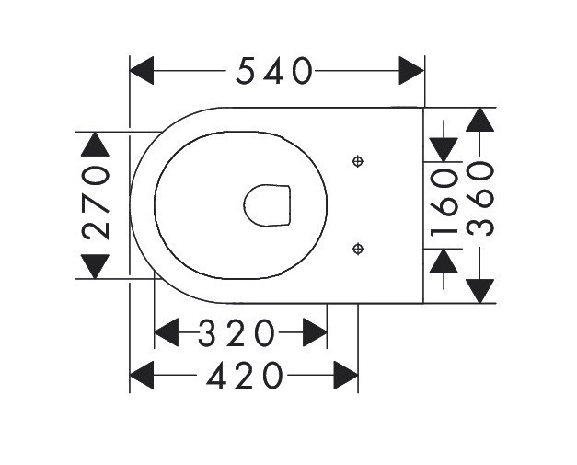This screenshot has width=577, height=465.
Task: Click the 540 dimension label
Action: click(x=275, y=70)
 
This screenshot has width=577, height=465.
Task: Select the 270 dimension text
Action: click(x=96, y=203)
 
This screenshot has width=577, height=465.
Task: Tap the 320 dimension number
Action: click(x=237, y=332)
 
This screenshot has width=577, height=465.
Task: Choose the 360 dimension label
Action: click(x=479, y=198)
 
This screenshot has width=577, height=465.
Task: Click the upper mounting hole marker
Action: click(x=358, y=162)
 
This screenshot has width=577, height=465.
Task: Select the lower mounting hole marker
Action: click(x=358, y=248)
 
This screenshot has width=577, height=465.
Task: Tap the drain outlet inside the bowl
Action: click(x=267, y=204)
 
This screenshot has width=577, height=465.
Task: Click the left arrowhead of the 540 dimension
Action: click(x=142, y=70)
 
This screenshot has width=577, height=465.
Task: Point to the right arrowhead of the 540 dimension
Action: click(x=411, y=70)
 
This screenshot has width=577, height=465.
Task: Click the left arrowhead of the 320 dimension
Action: click(x=166, y=332)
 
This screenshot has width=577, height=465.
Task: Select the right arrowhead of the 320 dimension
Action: click(x=315, y=332)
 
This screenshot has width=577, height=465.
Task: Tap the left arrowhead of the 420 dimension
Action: click(x=142, y=375)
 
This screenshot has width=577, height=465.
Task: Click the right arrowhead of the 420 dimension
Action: click(x=346, y=375)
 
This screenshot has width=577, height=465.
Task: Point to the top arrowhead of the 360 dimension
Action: click(x=479, y=120)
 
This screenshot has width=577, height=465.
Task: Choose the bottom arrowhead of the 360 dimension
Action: click(x=479, y=290)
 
